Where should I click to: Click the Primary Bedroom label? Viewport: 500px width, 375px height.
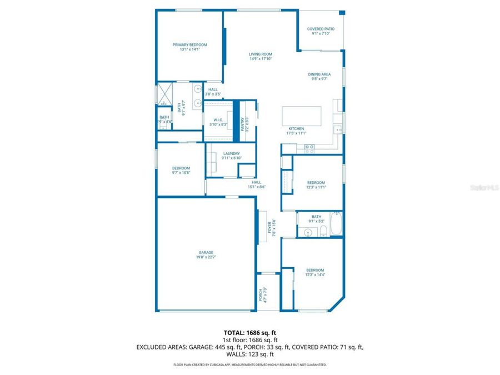point(189,45)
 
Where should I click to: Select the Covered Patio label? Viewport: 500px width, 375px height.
point(321,29)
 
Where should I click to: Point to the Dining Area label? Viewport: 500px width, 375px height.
point(319,74)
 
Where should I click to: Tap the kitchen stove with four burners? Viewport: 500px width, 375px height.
point(309,148)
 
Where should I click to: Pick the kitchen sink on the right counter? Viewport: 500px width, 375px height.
point(337,129)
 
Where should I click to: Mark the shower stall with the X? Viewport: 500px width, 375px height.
point(165,94)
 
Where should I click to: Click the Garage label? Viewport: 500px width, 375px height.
point(206,252)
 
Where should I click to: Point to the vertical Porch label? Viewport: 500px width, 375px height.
point(260,294)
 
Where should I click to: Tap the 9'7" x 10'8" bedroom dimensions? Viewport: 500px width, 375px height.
point(181,173)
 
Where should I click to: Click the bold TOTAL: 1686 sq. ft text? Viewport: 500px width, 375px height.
point(249,333)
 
